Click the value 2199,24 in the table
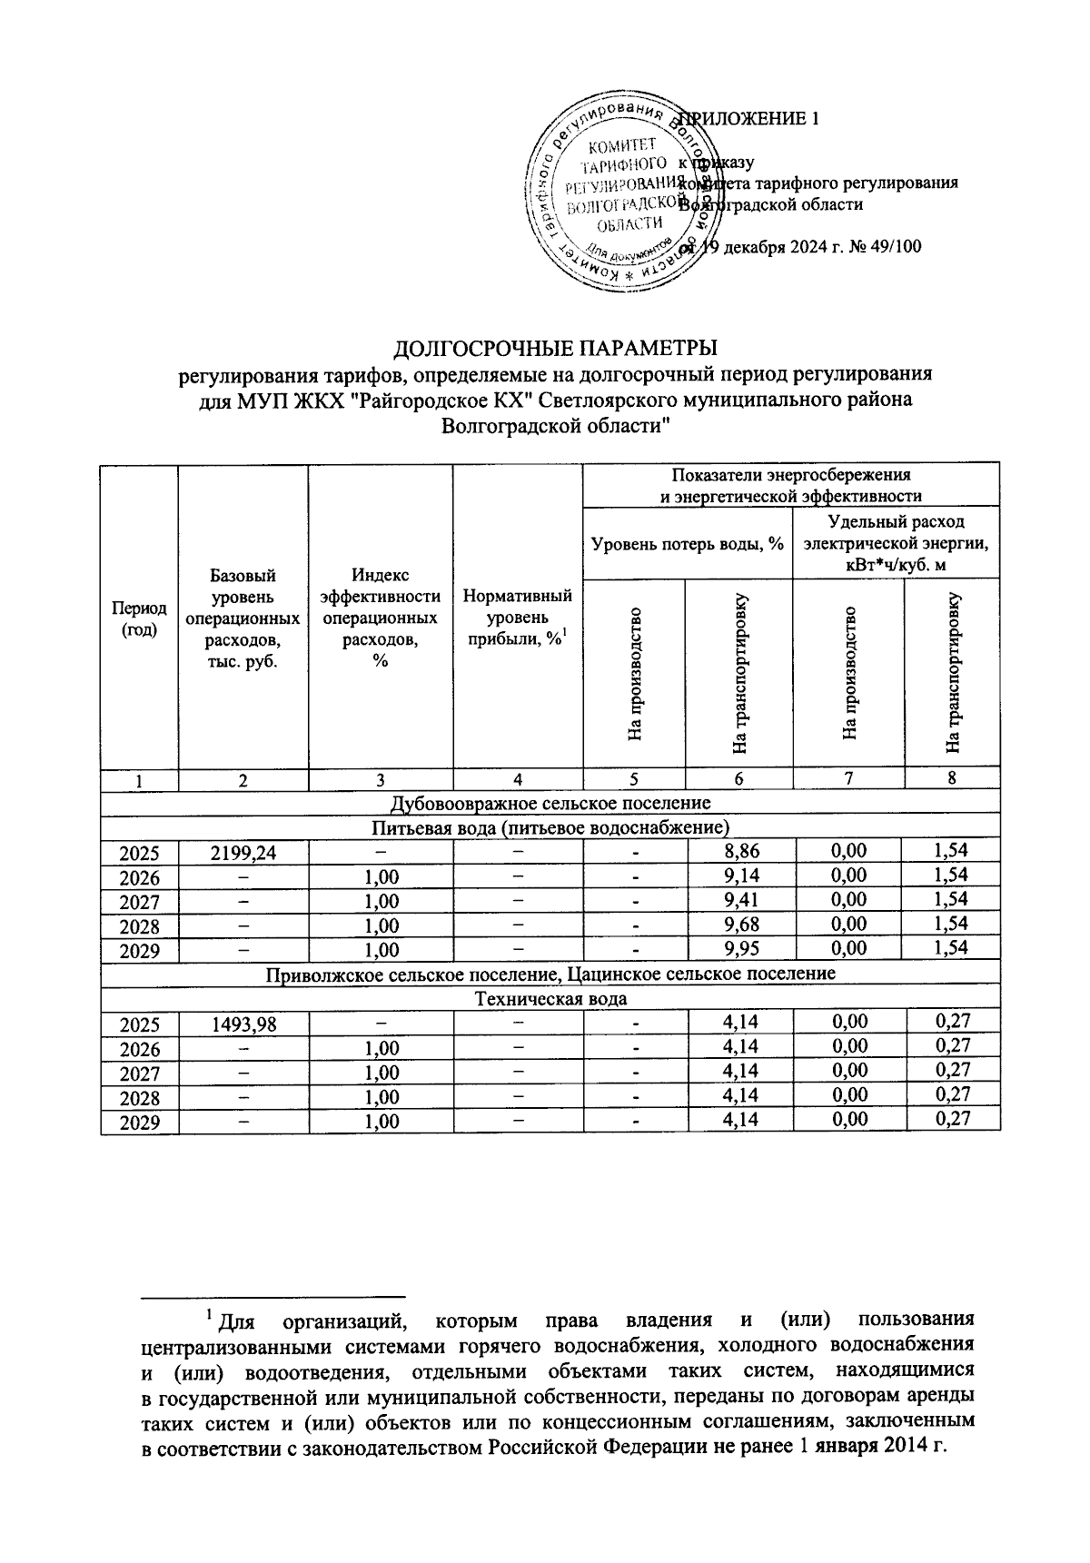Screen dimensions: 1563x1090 point(243,853)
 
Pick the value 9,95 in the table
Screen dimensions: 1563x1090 point(739,948)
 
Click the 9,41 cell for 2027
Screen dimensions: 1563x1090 point(739,900)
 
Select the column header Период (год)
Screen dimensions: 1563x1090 point(139,618)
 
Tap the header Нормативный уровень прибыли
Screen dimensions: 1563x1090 point(517,618)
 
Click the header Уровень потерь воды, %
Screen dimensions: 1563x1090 point(688,544)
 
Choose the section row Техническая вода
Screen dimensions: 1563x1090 point(550,999)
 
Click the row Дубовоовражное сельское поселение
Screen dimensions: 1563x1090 point(550,803)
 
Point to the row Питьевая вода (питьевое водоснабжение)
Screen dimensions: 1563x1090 point(550,826)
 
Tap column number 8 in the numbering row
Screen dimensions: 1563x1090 point(951,777)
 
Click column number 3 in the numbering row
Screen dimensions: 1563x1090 point(380,779)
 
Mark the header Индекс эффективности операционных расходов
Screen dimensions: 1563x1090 point(380,618)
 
